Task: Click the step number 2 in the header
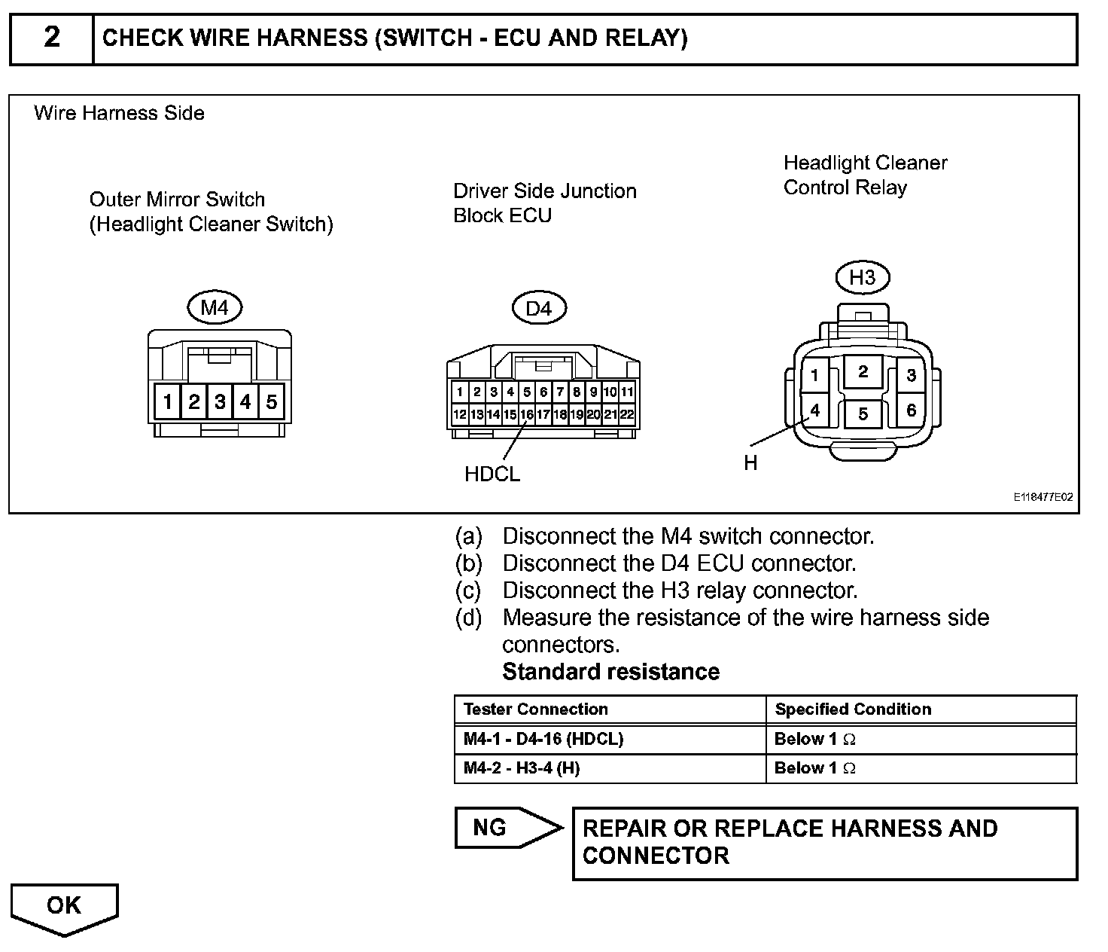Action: point(51,38)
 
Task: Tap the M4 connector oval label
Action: point(215,307)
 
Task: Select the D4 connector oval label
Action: point(538,308)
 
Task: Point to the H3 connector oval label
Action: point(862,278)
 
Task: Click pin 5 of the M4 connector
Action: point(272,401)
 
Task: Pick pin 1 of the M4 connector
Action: point(167,401)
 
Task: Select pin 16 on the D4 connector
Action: point(527,414)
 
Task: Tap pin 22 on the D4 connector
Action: point(627,414)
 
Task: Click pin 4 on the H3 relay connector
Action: point(814,410)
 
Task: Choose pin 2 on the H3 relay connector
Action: point(863,371)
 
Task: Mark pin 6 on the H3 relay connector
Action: point(911,410)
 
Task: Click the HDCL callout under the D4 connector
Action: point(492,474)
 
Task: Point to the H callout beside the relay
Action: point(750,463)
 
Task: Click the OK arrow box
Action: point(64,906)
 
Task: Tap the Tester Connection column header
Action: point(535,709)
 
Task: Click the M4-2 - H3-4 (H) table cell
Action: point(522,768)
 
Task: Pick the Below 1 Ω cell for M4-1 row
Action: point(815,739)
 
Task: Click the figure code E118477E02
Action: point(1043,497)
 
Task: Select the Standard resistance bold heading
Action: point(610,672)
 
